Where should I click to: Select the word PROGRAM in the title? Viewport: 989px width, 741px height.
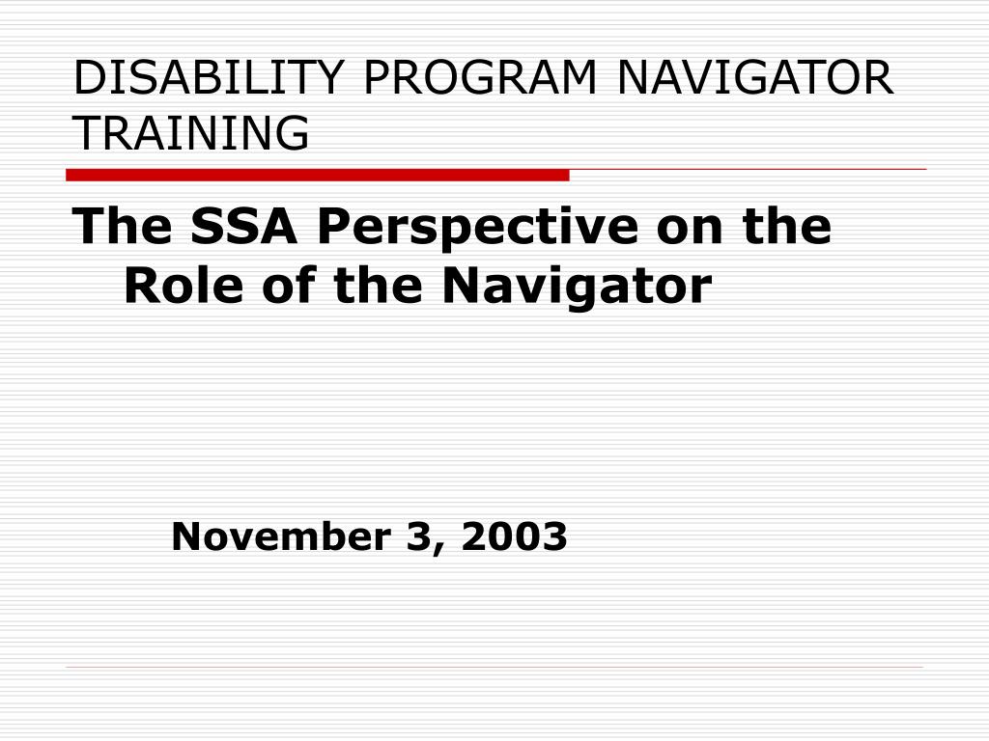point(480,77)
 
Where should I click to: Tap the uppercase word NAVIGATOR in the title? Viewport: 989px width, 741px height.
point(755,77)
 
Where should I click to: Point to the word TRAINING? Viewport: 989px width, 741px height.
point(191,133)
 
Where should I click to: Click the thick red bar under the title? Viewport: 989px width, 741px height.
point(317,176)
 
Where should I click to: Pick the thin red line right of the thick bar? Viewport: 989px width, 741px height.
point(749,170)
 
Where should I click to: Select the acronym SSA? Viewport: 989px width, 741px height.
point(243,226)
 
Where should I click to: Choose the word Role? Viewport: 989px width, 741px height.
point(184,286)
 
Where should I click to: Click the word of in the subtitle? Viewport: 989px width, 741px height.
point(288,286)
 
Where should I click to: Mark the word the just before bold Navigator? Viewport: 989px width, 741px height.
point(378,286)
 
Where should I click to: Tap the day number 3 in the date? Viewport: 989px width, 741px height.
point(417,536)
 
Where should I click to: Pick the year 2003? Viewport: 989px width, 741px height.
point(514,536)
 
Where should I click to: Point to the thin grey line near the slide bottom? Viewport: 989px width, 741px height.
point(494,667)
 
